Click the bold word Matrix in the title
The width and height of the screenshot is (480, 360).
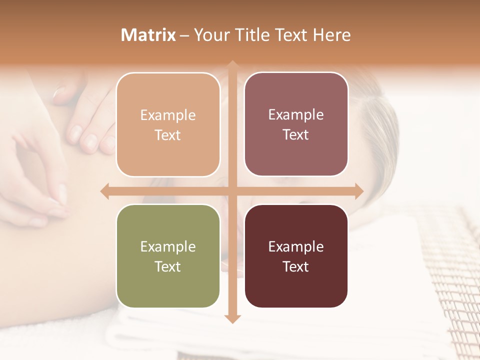tap(148, 35)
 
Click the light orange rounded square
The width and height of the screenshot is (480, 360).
tap(168, 124)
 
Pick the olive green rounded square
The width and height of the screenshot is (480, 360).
tap(168, 256)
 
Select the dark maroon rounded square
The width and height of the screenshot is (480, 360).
tap(296, 256)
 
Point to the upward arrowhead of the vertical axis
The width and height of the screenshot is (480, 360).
tap(232, 65)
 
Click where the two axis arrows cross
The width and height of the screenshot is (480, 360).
tap(232, 191)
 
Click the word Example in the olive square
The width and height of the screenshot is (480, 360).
tap(168, 246)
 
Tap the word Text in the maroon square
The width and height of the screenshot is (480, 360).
tap(296, 266)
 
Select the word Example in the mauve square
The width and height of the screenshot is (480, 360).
tap(296, 114)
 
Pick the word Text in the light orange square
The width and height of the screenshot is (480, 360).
tap(168, 135)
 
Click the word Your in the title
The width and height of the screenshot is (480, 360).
tap(210, 35)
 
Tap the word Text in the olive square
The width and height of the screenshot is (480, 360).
tap(168, 266)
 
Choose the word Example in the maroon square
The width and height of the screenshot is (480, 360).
tap(296, 246)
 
